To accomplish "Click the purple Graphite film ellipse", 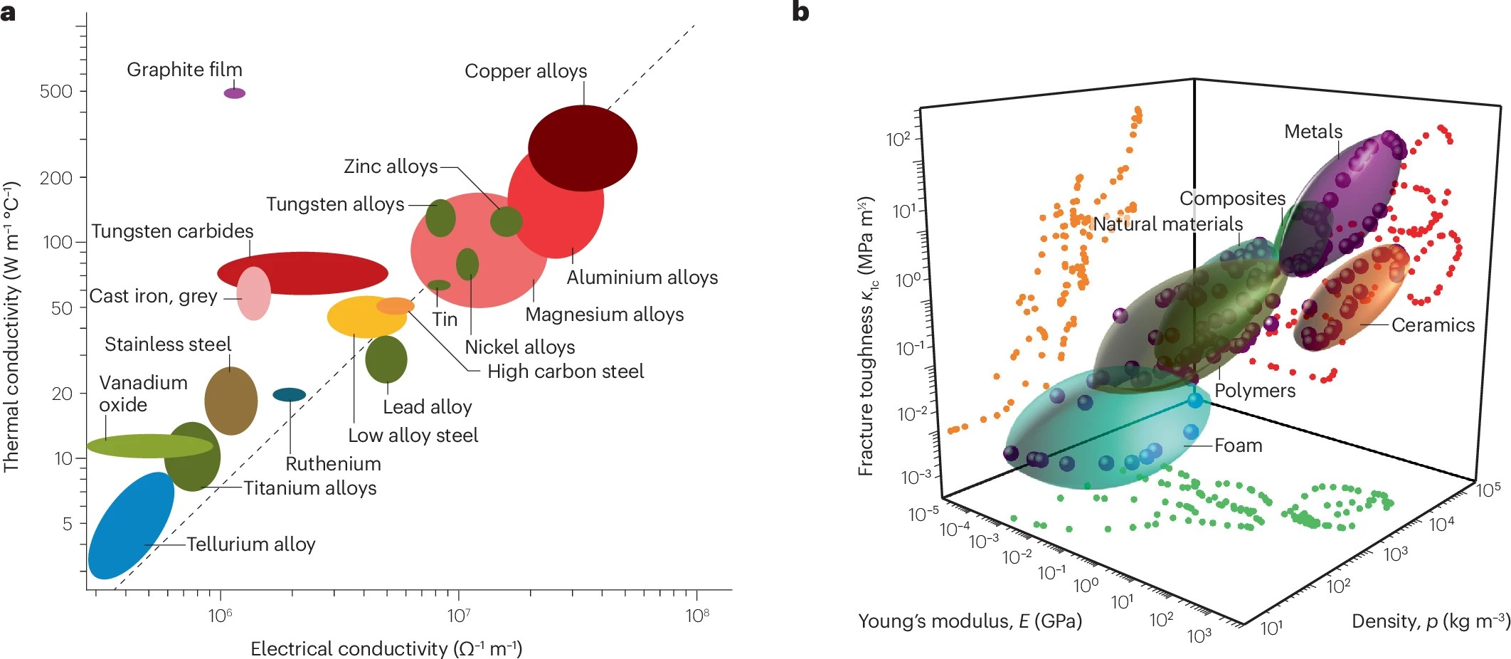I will click(235, 93).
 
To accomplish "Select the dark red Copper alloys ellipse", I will click(583, 148).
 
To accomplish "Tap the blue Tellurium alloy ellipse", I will click(130, 526).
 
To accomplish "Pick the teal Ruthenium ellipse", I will click(290, 395).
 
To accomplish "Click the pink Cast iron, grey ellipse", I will click(254, 293).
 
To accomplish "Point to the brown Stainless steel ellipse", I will click(230, 401).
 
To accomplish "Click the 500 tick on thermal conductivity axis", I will click(56, 92).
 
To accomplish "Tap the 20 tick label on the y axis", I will click(62, 394).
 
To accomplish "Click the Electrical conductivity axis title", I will click(386, 649).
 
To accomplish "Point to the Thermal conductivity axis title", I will click(11, 327).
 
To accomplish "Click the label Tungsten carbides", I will click(172, 231).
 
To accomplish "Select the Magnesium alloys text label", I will click(604, 315).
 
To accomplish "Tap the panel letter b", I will click(800, 12).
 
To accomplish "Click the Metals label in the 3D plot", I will click(1313, 132).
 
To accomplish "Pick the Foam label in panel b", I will click(1238, 446).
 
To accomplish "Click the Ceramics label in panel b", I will click(1433, 325).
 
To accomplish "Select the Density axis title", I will click(1430, 621).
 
